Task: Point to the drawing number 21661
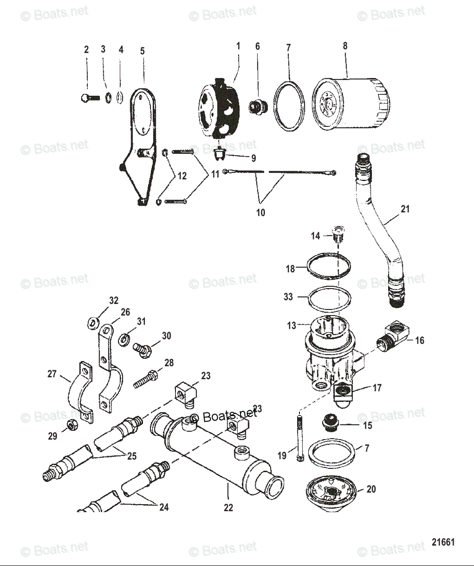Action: [x=443, y=542]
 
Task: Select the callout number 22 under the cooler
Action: [x=228, y=508]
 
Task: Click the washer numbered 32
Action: [x=93, y=323]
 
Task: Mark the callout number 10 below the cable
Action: [x=260, y=212]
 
